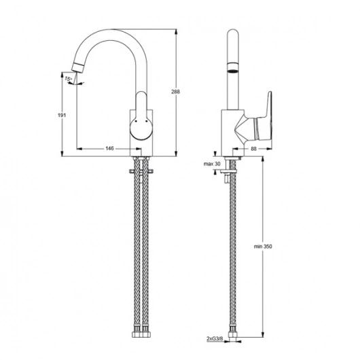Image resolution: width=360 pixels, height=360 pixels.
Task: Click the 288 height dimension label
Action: point(175,92)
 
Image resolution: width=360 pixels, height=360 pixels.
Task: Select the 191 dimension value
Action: point(62,115)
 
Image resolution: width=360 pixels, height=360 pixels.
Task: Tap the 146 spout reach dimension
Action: point(110,149)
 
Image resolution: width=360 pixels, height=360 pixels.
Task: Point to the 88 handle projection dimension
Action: point(253,149)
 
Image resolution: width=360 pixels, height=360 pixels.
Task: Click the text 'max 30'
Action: point(212,164)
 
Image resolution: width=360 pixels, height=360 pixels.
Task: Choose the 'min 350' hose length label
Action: point(263,247)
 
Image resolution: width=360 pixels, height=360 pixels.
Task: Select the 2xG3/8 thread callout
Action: point(215,339)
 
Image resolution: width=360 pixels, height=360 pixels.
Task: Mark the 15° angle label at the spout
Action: point(68,79)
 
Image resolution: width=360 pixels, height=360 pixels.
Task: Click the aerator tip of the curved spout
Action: point(77,67)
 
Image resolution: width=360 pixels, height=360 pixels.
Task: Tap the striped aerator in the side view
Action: point(233,67)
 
